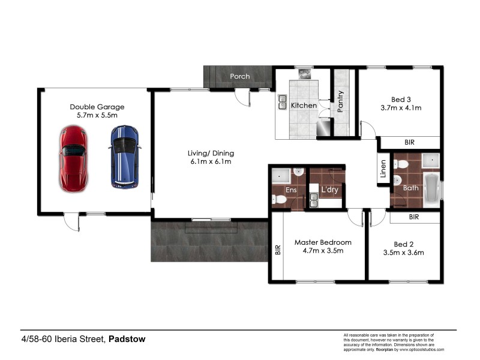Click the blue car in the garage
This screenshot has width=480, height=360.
[x=125, y=156]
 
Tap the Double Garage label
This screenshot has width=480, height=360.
[x=97, y=107]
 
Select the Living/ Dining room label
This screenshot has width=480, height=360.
[x=211, y=153]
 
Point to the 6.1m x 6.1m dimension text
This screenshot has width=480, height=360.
[x=211, y=161]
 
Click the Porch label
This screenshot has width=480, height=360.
[x=240, y=76]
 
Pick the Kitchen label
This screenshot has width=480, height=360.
[x=304, y=106]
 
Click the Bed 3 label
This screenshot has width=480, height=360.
[x=400, y=99]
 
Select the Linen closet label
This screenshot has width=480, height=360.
[x=383, y=169]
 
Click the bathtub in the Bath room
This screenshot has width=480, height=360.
[x=431, y=188]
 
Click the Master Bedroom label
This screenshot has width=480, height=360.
[x=323, y=242]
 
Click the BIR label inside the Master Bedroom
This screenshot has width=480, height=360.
[x=277, y=250]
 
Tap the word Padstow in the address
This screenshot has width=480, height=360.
[x=127, y=339]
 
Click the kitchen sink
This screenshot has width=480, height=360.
[x=283, y=104]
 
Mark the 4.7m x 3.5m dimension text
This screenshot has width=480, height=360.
[x=323, y=251]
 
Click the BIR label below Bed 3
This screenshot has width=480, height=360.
[x=409, y=142]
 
